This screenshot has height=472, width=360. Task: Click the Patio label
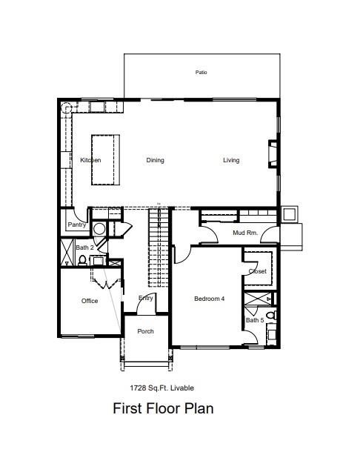201,73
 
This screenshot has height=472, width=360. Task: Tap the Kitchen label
90,160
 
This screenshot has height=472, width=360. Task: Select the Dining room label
155,160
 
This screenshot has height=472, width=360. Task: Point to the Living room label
231,160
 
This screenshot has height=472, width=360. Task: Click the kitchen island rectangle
107,159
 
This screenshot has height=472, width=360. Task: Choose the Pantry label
77,225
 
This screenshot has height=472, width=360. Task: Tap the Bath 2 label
84,247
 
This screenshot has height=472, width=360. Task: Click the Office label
90,301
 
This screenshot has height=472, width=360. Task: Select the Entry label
146,298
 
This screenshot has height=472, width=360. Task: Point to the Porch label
146,331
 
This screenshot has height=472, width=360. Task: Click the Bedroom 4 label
209,299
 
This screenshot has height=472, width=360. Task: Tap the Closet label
257,271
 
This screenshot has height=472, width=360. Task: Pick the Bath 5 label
254,320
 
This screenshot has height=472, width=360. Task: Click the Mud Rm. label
244,233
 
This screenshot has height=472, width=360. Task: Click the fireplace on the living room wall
273,154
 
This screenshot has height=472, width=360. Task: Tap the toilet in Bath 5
270,316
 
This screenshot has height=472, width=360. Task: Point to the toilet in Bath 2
81,260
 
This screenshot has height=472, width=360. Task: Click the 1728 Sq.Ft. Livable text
162,388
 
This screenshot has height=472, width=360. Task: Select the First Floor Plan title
163,408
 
